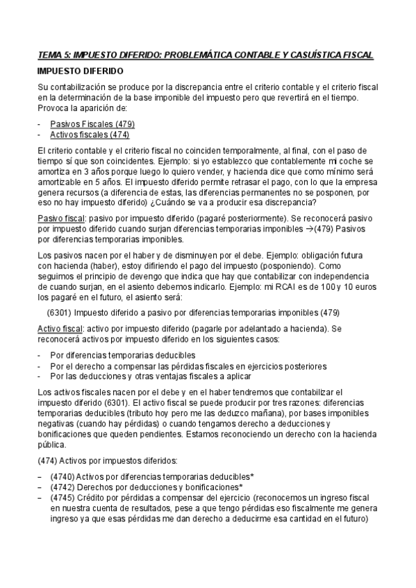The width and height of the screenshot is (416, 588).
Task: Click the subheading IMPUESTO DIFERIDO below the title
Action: (81, 71)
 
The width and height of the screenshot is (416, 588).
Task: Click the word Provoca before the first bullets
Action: (53, 108)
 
